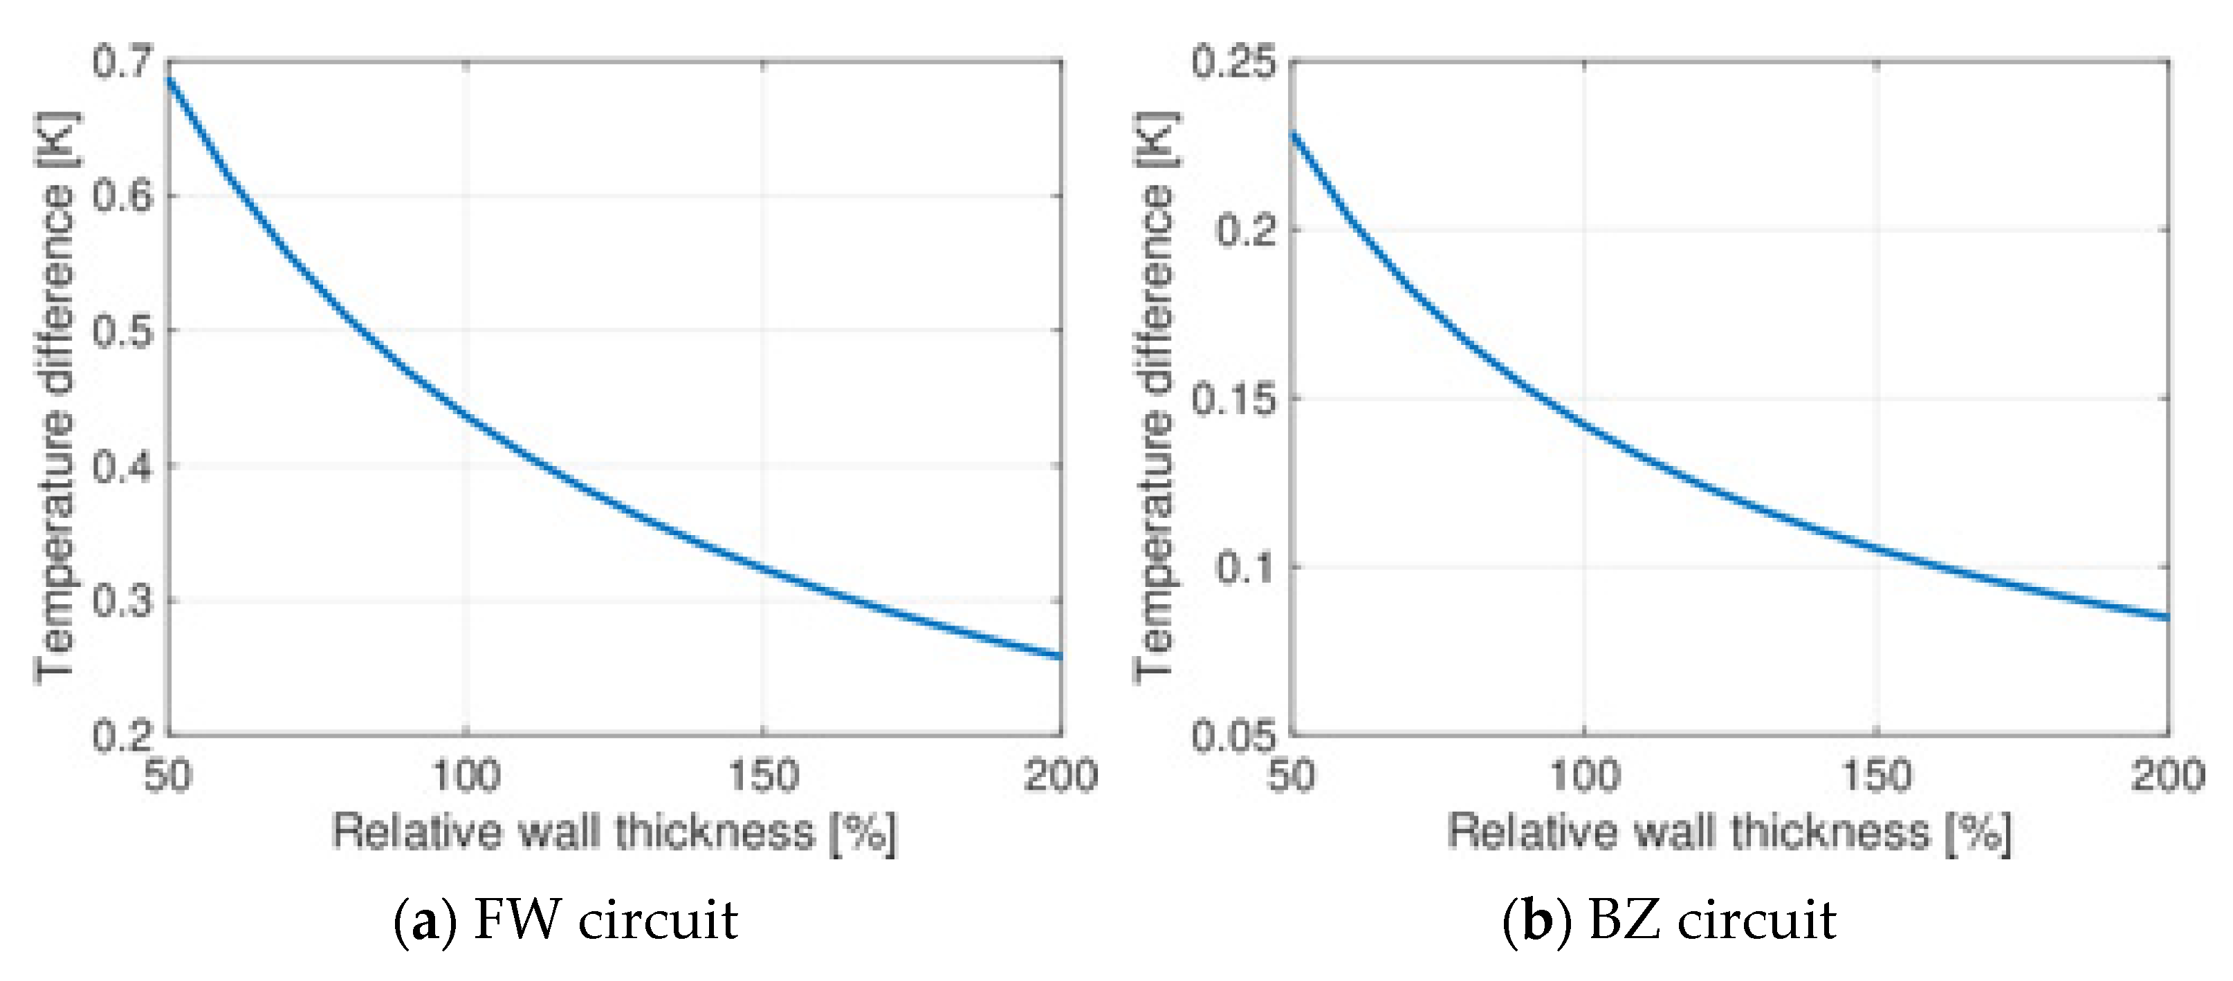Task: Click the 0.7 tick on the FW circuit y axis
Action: point(121,62)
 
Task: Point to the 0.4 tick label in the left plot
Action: point(121,467)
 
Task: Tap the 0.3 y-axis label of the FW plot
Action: point(121,601)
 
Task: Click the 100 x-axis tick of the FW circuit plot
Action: point(466,775)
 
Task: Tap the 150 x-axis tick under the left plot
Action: point(763,775)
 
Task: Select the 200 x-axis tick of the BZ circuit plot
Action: point(2167,775)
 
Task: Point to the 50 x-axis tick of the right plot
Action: point(1291,775)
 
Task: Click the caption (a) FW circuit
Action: point(565,920)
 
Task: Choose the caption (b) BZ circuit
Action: point(1669,920)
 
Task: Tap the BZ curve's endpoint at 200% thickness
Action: point(2167,617)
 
